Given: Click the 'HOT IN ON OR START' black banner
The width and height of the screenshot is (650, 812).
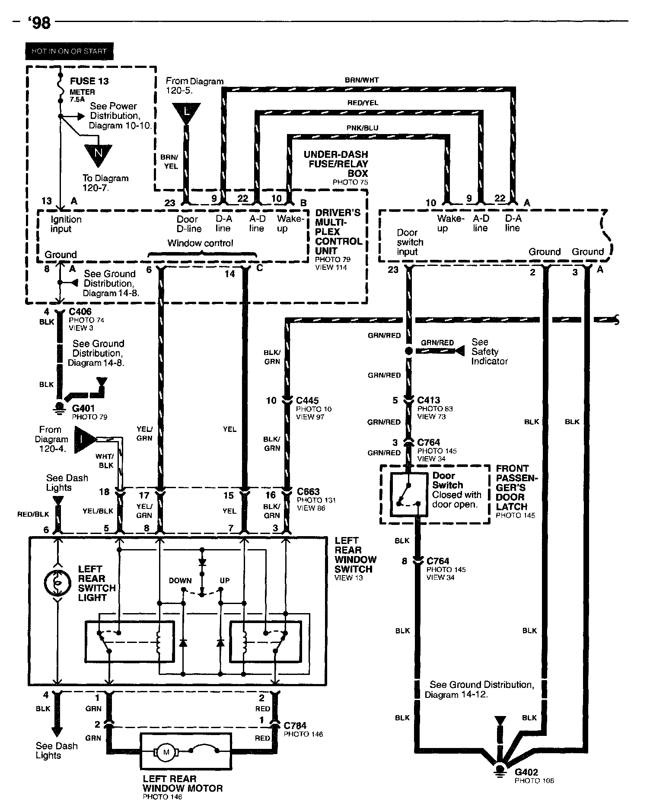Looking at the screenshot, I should [69, 51].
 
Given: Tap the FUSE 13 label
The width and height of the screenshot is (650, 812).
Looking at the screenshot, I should [89, 81].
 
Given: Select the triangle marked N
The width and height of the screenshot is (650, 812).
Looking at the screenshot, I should [98, 153].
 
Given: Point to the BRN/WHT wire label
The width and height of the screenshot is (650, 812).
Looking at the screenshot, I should [362, 80].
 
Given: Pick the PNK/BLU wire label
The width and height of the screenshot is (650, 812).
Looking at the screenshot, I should [362, 128].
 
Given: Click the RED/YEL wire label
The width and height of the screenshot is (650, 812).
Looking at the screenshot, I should [363, 103].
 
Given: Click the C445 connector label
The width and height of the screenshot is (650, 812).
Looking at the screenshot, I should [307, 400].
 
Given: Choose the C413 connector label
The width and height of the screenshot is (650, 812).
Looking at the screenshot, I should [429, 400].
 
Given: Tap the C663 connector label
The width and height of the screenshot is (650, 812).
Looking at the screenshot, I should [308, 492].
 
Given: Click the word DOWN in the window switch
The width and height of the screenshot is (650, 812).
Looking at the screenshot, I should [180, 581].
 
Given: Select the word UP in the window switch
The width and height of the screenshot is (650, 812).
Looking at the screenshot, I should [225, 581].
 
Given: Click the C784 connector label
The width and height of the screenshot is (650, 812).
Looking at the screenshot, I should [295, 726].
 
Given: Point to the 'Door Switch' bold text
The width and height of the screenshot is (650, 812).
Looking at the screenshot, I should [448, 480].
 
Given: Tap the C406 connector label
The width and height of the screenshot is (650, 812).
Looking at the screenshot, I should [80, 312].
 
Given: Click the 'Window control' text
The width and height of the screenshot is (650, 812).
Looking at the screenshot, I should [200, 243].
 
